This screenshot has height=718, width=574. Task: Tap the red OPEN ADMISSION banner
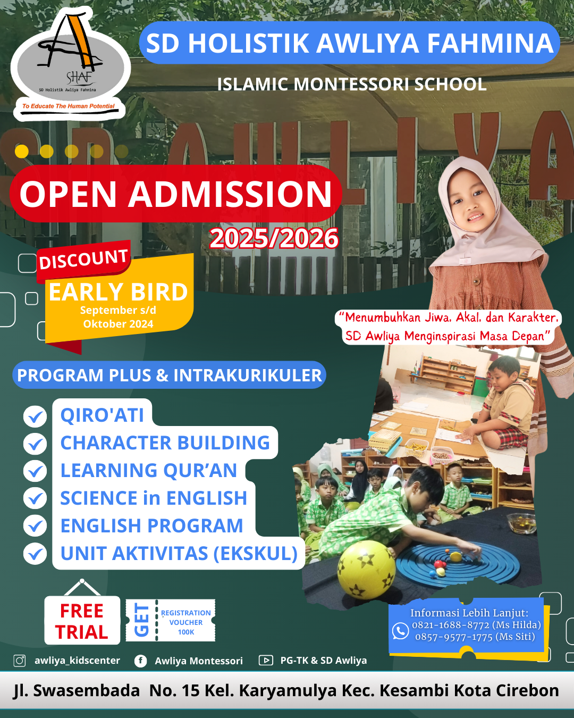pyautogui.click(x=175, y=194)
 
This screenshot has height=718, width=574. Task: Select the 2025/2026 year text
pyautogui.click(x=274, y=238)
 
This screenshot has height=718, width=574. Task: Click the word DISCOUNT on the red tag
pyautogui.click(x=83, y=260)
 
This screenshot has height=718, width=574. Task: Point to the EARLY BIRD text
pyautogui.click(x=118, y=292)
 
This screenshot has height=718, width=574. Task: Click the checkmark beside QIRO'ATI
pyautogui.click(x=35, y=416)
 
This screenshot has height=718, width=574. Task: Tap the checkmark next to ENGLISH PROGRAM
pyautogui.click(x=35, y=526)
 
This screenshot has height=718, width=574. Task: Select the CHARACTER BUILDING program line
pyautogui.click(x=165, y=443)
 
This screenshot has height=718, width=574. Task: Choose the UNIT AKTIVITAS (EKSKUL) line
pyautogui.click(x=179, y=554)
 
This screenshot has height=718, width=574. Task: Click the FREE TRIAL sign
pyautogui.click(x=82, y=621)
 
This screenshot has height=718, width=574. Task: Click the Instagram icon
pyautogui.click(x=20, y=661)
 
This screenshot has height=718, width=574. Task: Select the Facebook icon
pyautogui.click(x=140, y=661)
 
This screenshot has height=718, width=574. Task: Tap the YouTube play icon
pyautogui.click(x=265, y=661)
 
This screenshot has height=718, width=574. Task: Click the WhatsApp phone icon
pyautogui.click(x=400, y=631)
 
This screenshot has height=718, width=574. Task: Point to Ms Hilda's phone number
pyautogui.click(x=476, y=625)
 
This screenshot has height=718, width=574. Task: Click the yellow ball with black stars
pyautogui.click(x=366, y=570)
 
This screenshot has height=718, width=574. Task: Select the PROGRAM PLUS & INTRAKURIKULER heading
pyautogui.click(x=169, y=375)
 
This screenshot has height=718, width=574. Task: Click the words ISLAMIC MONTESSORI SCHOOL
pyautogui.click(x=352, y=85)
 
